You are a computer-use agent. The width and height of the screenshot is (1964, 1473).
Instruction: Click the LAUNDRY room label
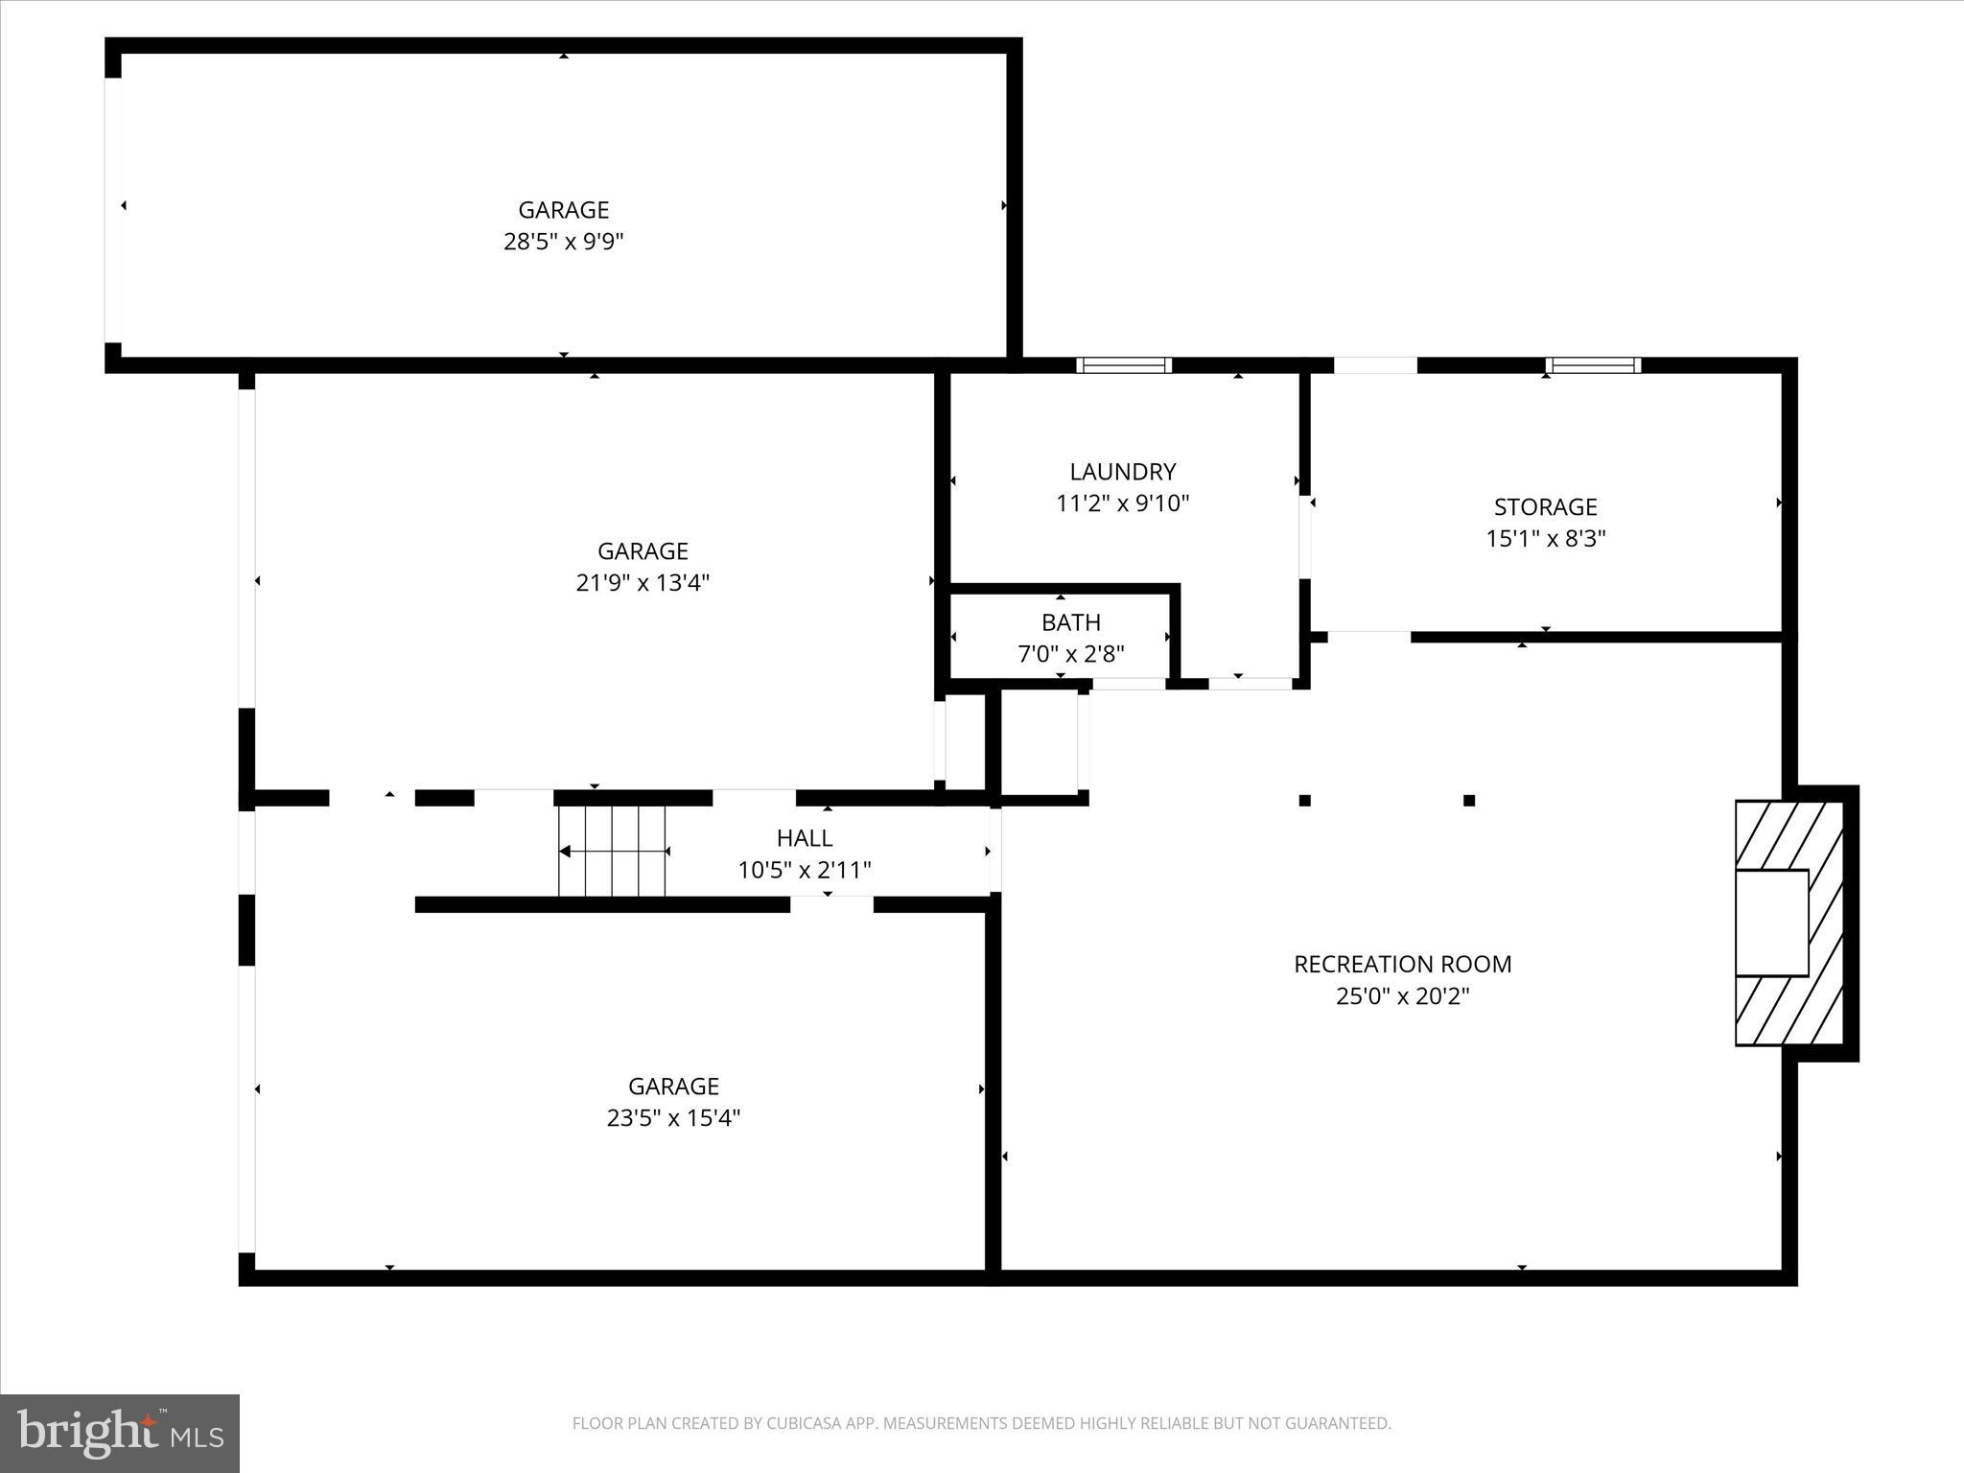coord(1122,472)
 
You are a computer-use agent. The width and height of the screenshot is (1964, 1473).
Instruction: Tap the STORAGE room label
coord(1545,506)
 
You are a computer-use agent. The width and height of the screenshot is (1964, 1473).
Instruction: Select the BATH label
coord(1070,622)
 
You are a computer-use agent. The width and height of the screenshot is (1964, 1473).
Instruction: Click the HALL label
coord(804,838)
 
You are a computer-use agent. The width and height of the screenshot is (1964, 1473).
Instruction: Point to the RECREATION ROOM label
coord(1402,964)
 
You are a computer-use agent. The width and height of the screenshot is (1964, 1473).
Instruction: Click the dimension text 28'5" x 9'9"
coord(563,241)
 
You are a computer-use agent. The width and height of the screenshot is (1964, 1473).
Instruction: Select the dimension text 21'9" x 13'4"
coord(642,582)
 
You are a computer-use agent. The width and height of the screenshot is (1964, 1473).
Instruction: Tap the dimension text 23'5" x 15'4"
coord(673,1117)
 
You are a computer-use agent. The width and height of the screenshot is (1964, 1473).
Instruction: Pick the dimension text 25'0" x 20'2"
coord(1402,995)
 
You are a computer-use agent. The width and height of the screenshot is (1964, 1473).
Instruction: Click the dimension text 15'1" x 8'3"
coord(1545,538)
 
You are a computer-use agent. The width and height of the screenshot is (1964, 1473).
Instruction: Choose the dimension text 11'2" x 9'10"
coord(1122,503)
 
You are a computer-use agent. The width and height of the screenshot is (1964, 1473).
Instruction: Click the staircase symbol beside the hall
coord(613,851)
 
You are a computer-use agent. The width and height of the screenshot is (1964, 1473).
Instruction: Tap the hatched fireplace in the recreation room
coord(1789,923)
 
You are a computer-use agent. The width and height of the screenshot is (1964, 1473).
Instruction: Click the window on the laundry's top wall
coord(1123,365)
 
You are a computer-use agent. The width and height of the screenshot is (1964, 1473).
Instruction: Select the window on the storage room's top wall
coord(1592,365)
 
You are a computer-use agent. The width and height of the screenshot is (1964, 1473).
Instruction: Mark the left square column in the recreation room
coord(1304,801)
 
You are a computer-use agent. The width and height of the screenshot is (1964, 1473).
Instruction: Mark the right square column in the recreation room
coord(1468,801)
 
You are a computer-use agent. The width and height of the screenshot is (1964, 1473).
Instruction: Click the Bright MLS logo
coord(120,1433)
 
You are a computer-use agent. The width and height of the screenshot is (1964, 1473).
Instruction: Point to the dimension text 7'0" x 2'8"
coord(1070,654)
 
